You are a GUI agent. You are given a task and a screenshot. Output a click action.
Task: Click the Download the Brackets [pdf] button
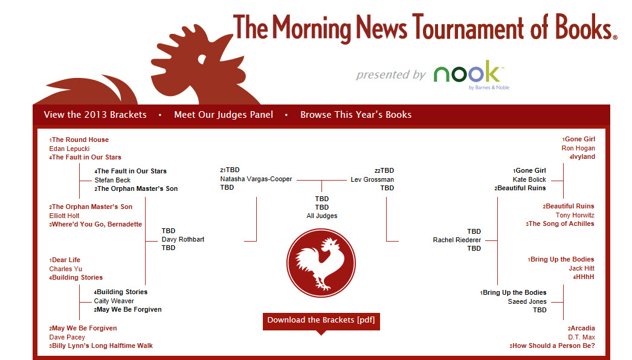(321, 321)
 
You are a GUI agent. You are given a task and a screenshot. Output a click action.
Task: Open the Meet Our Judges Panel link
(224, 115)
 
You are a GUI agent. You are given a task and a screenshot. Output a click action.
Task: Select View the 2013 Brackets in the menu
(95, 115)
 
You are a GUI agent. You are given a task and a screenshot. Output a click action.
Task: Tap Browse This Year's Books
(356, 115)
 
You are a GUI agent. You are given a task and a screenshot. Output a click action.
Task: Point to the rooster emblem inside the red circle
(321, 263)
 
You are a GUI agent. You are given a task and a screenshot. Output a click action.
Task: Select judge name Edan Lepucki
(69, 149)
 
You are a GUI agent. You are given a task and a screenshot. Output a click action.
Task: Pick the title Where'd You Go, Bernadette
(96, 224)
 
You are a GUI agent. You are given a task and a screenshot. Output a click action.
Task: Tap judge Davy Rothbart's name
(183, 239)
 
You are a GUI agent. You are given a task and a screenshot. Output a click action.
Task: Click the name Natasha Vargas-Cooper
(256, 179)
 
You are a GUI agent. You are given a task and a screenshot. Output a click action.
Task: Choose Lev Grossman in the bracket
(372, 179)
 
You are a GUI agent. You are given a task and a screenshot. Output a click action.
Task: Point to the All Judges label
(321, 216)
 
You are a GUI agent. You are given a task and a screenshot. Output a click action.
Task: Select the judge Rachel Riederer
(457, 240)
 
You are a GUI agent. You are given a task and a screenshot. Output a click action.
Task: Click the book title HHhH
(584, 277)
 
